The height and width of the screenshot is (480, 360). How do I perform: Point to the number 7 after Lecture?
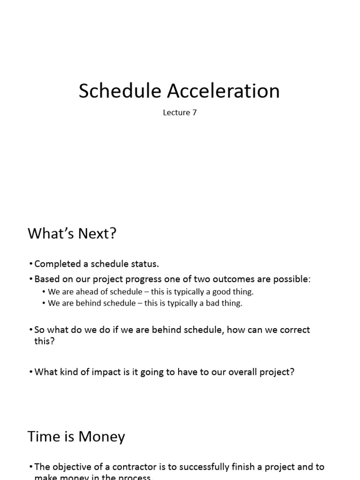(194, 113)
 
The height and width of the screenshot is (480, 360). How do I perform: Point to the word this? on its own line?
(45, 341)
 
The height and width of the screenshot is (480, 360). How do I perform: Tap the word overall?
(240, 372)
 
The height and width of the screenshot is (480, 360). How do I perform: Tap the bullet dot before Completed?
(31, 264)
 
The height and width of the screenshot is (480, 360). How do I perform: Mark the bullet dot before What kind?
(31, 372)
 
